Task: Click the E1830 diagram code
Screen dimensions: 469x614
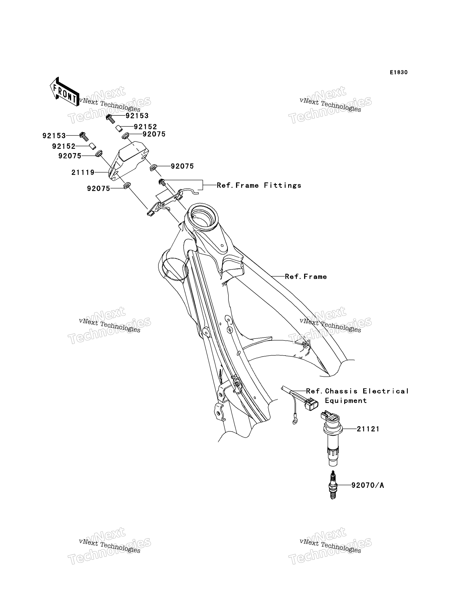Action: pyautogui.click(x=399, y=72)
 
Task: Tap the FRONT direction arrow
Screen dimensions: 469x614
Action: pyautogui.click(x=64, y=92)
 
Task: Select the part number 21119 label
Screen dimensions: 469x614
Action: pyautogui.click(x=83, y=172)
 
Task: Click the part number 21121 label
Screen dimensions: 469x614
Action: pyautogui.click(x=368, y=429)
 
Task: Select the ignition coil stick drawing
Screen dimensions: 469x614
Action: pyautogui.click(x=332, y=439)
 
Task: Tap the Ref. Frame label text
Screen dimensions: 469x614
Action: pyautogui.click(x=306, y=276)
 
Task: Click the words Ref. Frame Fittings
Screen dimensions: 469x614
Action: pyautogui.click(x=259, y=185)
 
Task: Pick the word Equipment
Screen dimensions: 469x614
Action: pyautogui.click(x=346, y=400)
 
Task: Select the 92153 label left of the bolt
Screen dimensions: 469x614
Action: pyautogui.click(x=54, y=136)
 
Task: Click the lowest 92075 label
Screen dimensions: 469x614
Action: pyautogui.click(x=99, y=189)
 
